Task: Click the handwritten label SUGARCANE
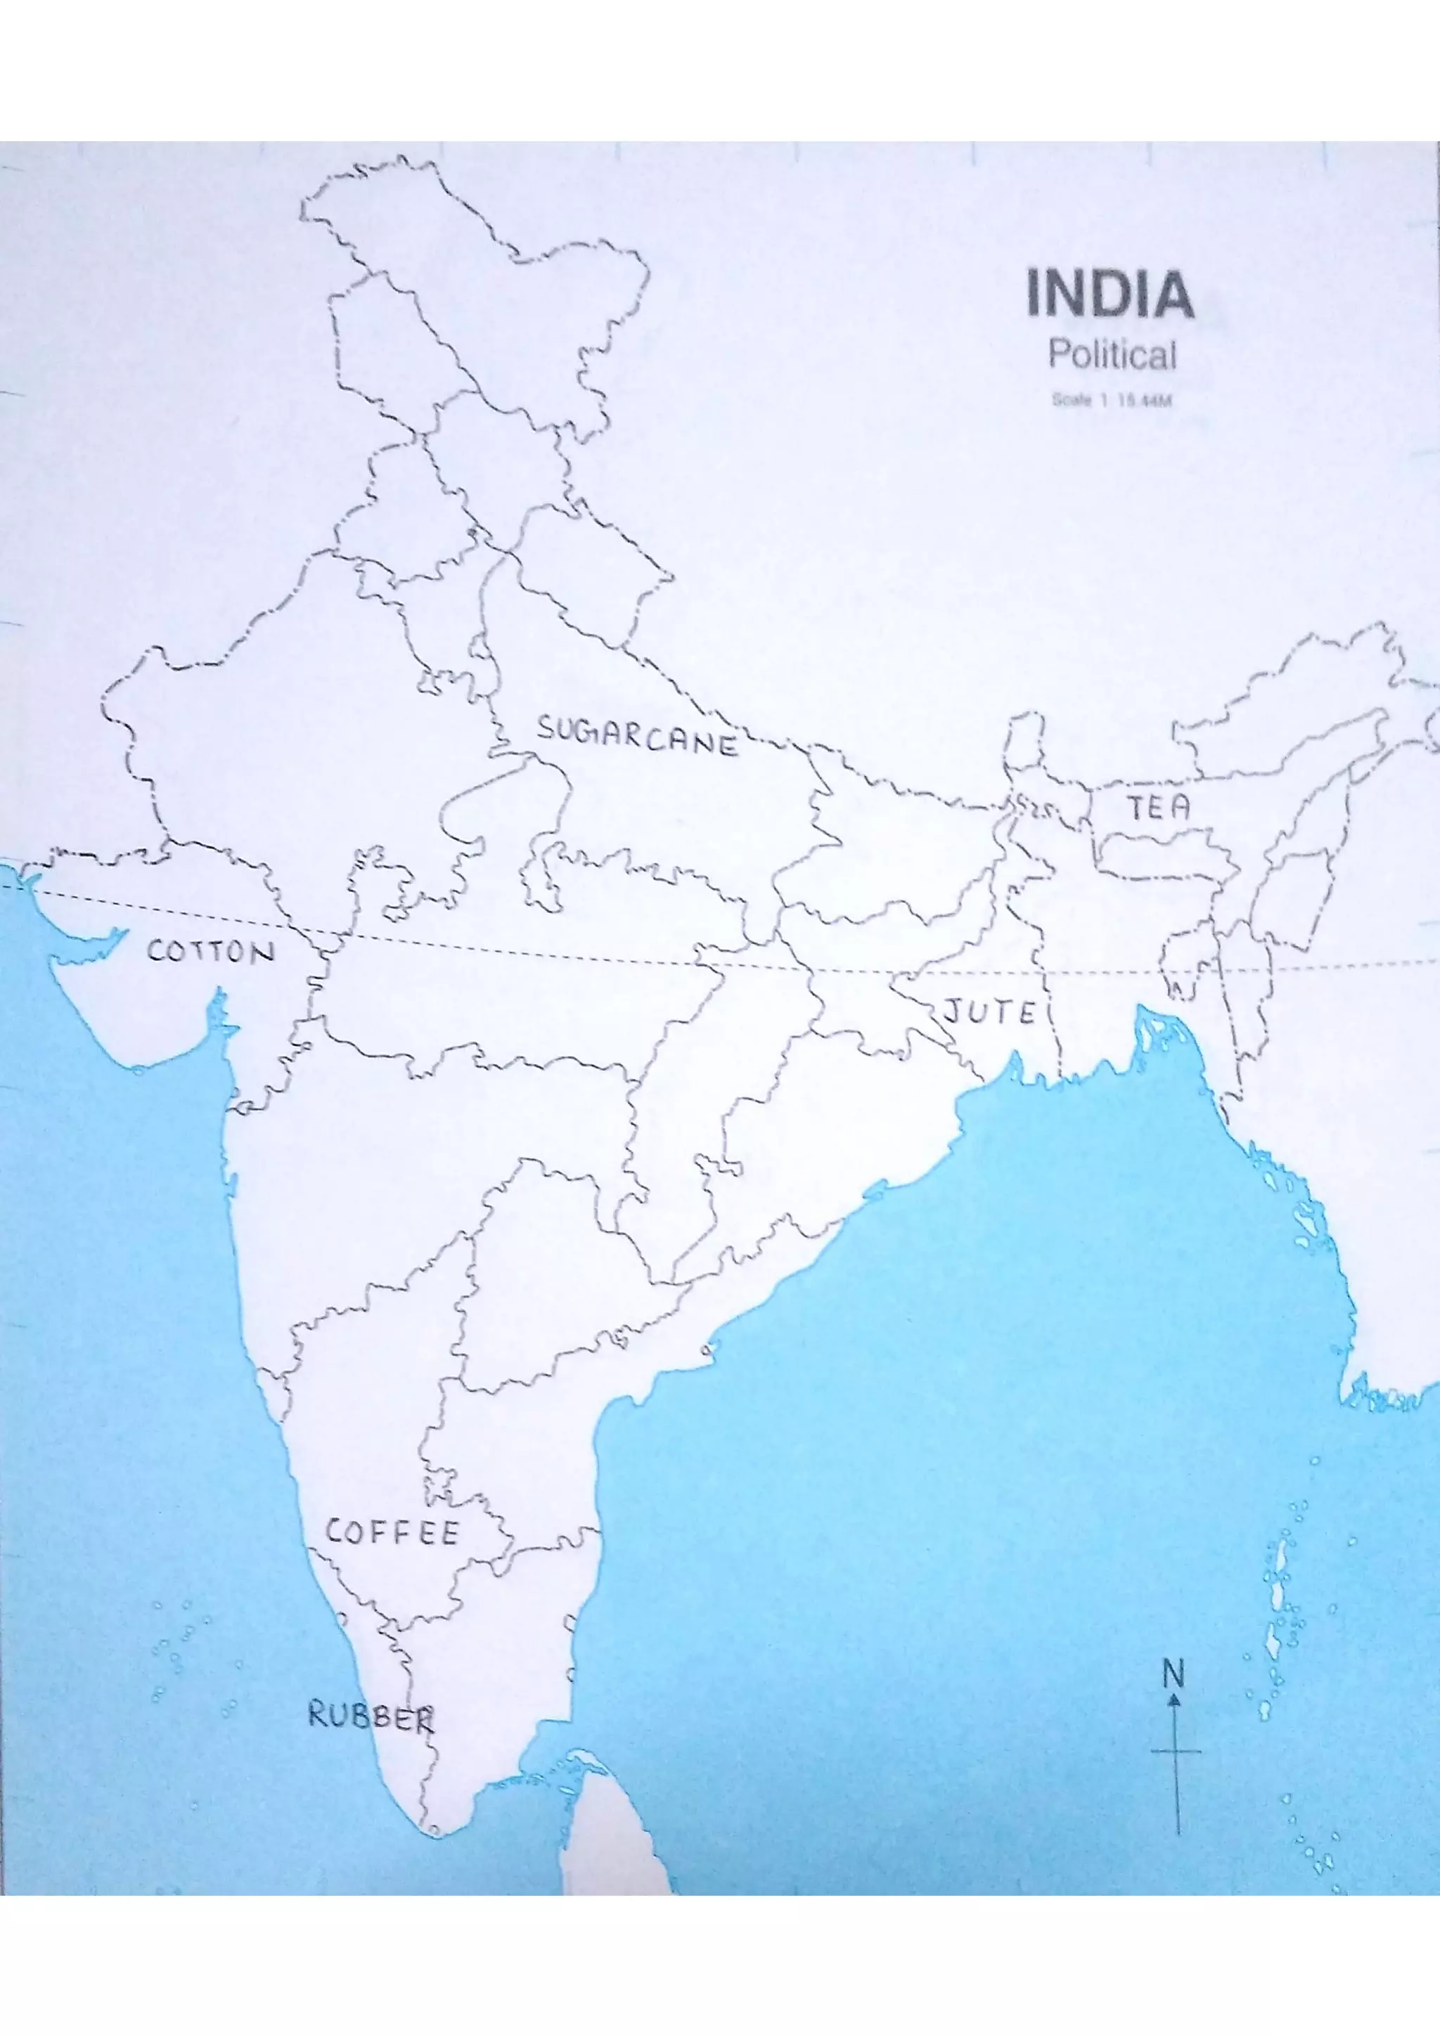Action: pyautogui.click(x=637, y=737)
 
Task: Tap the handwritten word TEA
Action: pyautogui.click(x=1158, y=808)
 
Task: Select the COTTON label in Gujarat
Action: pyautogui.click(x=210, y=952)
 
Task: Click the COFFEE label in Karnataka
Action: pyautogui.click(x=391, y=1532)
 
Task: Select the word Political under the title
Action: pyautogui.click(x=1112, y=355)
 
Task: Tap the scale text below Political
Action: pyautogui.click(x=1112, y=400)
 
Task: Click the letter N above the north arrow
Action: pyautogui.click(x=1173, y=1674)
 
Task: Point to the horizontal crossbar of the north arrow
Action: pyautogui.click(x=1176, y=1752)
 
